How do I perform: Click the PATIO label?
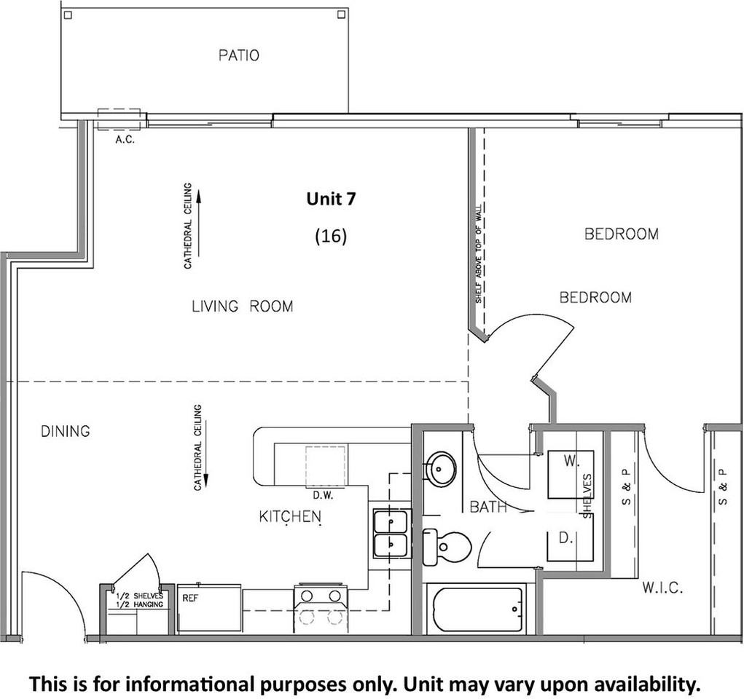[239, 55]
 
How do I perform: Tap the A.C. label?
[125, 140]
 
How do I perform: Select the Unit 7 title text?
[331, 199]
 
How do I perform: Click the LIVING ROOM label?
[243, 307]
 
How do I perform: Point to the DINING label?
[66, 431]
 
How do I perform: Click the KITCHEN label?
[291, 516]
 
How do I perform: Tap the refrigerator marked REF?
[209, 607]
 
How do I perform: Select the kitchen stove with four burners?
[321, 609]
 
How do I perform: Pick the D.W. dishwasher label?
[323, 496]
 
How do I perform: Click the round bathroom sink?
[440, 468]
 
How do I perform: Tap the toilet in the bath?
[446, 547]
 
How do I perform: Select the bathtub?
[477, 609]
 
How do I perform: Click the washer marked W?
[571, 474]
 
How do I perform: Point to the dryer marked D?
[571, 545]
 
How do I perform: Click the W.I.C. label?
[662, 588]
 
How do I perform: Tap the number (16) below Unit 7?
[331, 236]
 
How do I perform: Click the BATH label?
[488, 507]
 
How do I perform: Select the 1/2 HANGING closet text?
[140, 604]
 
